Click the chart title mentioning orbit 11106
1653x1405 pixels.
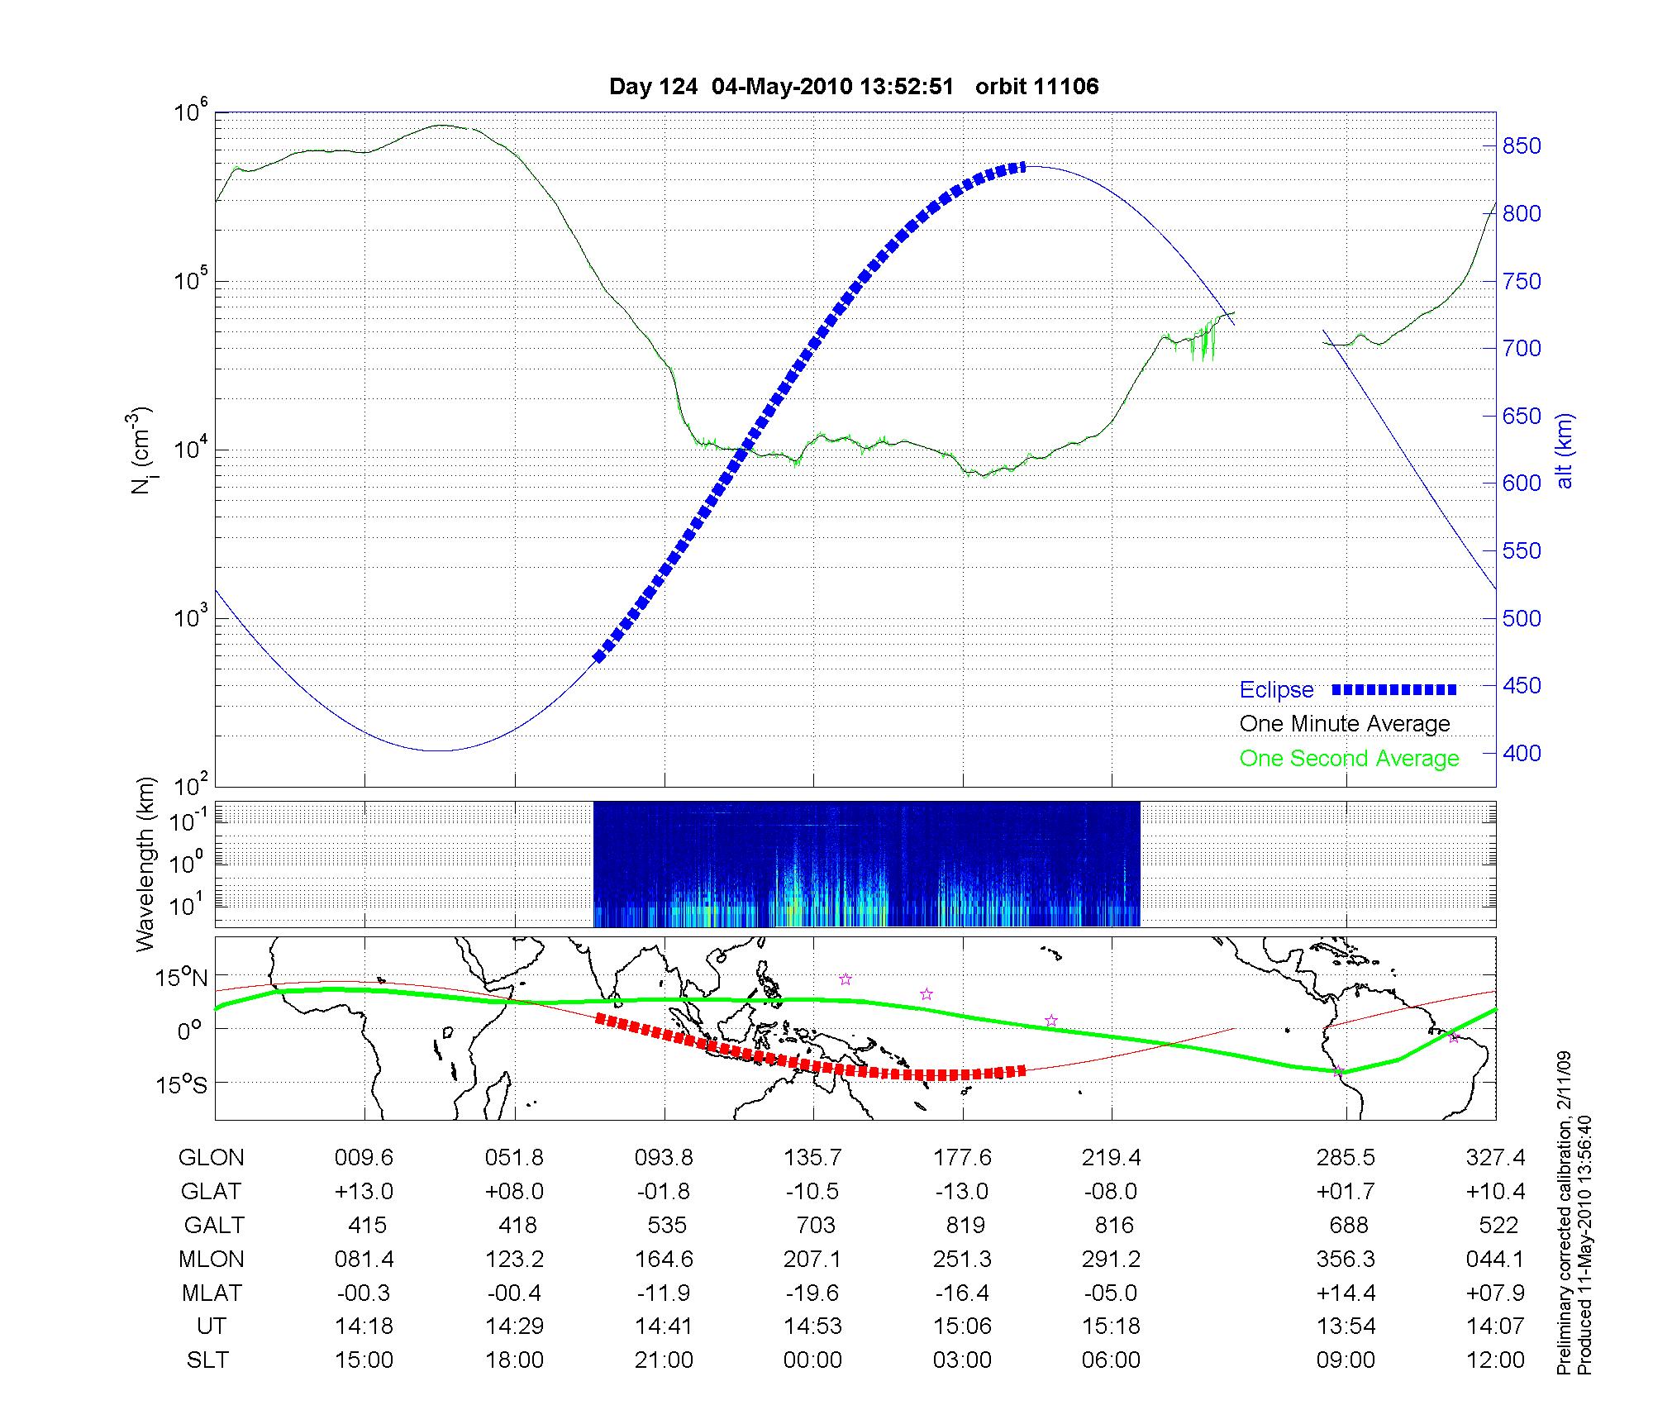click(853, 87)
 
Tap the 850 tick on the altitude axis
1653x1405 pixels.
click(1522, 146)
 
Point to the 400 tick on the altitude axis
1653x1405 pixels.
click(1522, 753)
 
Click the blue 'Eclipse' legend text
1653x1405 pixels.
click(1276, 690)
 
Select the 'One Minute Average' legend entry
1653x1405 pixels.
click(1345, 724)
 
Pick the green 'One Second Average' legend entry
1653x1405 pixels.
click(1349, 759)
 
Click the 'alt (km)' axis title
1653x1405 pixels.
click(1565, 450)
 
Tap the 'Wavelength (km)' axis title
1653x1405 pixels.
click(145, 864)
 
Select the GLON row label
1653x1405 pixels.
click(211, 1158)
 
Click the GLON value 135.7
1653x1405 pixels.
click(812, 1158)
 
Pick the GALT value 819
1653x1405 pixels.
click(965, 1225)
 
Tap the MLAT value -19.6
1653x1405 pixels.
click(812, 1293)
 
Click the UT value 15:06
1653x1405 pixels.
click(962, 1326)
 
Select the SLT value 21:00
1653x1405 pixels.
click(664, 1360)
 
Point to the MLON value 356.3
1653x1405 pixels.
click(1346, 1259)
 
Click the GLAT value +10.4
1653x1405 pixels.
click(1496, 1192)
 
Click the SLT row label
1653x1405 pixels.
click(207, 1360)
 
